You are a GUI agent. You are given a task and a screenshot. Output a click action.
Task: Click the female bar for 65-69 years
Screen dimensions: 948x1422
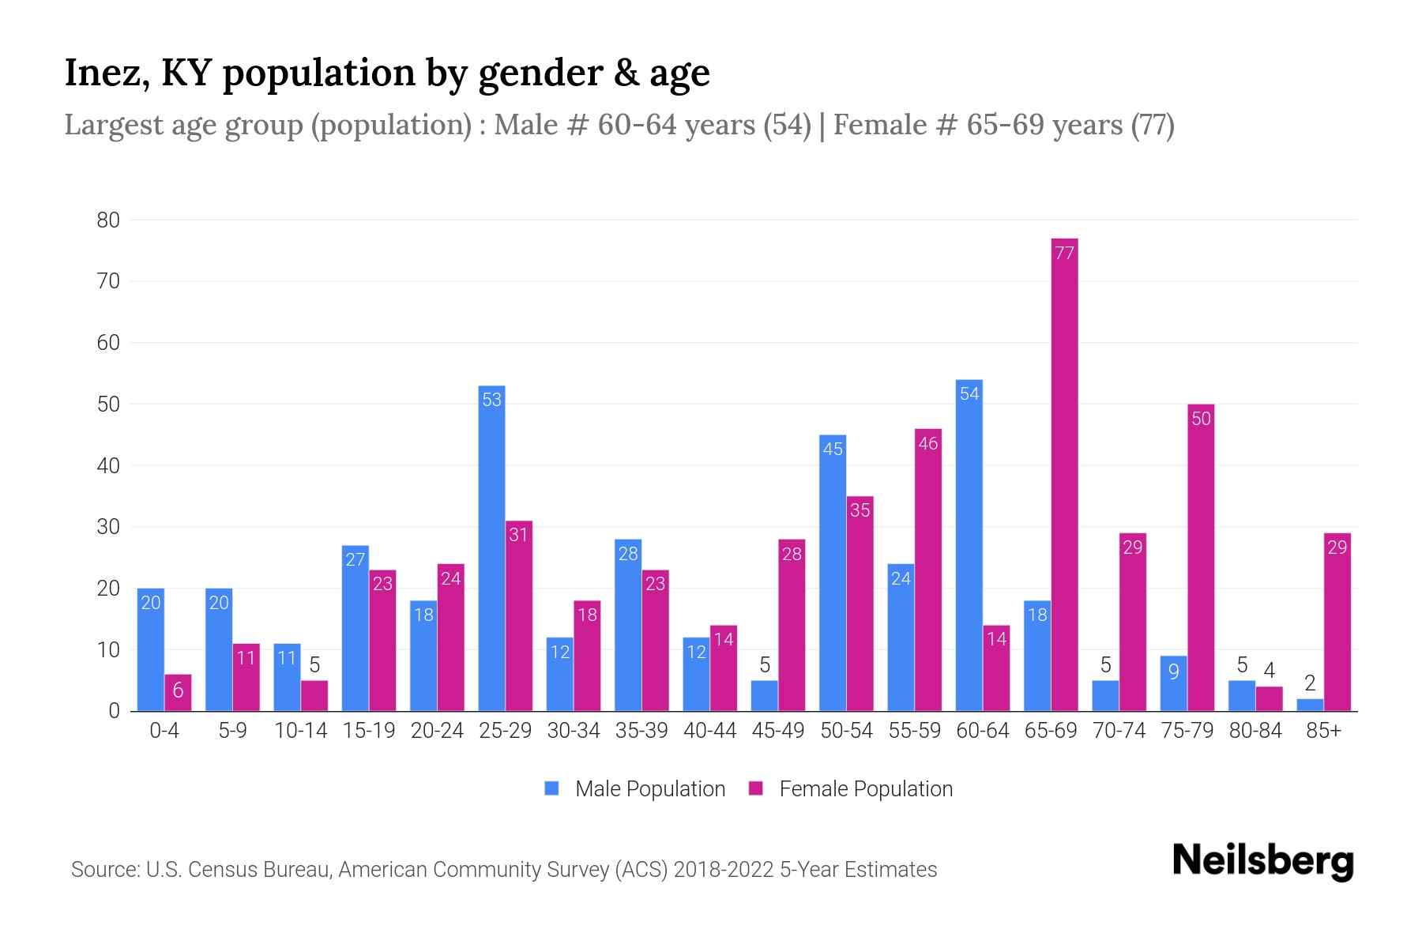tap(1064, 474)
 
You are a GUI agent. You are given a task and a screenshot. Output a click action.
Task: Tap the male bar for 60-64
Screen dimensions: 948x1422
tap(969, 545)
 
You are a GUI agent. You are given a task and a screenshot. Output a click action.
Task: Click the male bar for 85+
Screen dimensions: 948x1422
tap(1310, 705)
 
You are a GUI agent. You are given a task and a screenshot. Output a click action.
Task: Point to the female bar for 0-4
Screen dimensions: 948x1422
tap(178, 693)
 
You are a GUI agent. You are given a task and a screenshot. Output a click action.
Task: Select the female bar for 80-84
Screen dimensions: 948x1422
tap(1269, 699)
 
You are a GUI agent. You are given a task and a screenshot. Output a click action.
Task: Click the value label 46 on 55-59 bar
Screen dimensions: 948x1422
tap(927, 443)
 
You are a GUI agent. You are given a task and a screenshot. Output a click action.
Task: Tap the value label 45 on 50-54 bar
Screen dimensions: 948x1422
tap(833, 449)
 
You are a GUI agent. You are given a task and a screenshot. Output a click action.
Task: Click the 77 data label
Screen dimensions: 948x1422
tap(1064, 253)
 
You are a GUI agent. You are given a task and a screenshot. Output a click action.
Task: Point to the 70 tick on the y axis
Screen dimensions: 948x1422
tap(108, 281)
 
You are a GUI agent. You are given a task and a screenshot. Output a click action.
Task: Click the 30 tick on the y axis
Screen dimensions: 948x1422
tap(108, 527)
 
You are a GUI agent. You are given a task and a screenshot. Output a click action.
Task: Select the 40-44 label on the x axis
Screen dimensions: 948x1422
tap(709, 731)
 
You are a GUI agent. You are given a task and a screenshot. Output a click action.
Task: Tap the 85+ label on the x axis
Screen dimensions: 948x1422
tap(1323, 731)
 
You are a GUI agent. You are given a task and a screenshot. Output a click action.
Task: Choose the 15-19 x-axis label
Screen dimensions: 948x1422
tap(369, 731)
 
